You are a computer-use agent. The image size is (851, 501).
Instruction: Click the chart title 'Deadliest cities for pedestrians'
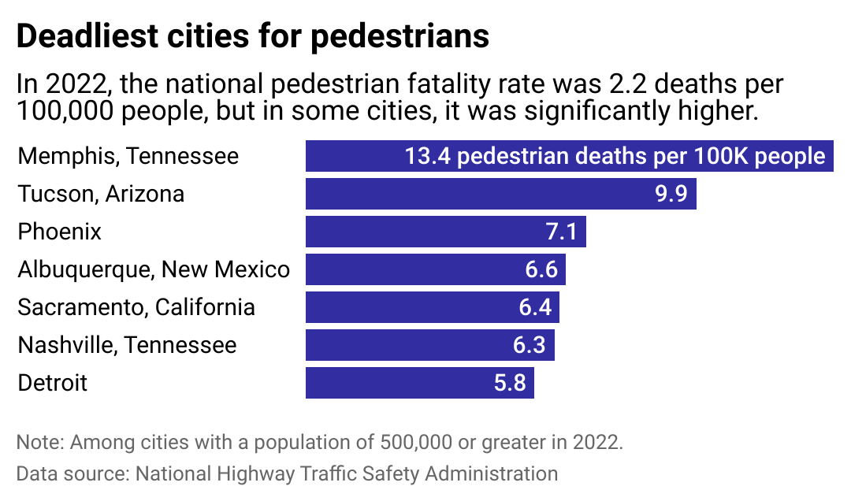point(253,37)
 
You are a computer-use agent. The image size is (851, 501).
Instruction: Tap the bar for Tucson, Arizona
point(473,194)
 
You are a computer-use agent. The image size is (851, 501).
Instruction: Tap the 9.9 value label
point(671,194)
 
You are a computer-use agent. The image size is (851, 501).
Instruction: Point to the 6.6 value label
point(541,269)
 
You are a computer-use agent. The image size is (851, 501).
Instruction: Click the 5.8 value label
point(510,383)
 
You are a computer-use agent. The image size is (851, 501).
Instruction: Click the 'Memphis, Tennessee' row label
point(128,156)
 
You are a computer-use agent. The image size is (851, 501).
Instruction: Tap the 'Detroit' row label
point(52,383)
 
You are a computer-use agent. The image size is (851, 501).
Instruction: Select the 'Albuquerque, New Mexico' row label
point(154,269)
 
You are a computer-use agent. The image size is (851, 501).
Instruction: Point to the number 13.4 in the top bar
point(427,156)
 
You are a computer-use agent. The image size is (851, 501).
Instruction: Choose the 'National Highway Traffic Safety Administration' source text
point(347,473)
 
